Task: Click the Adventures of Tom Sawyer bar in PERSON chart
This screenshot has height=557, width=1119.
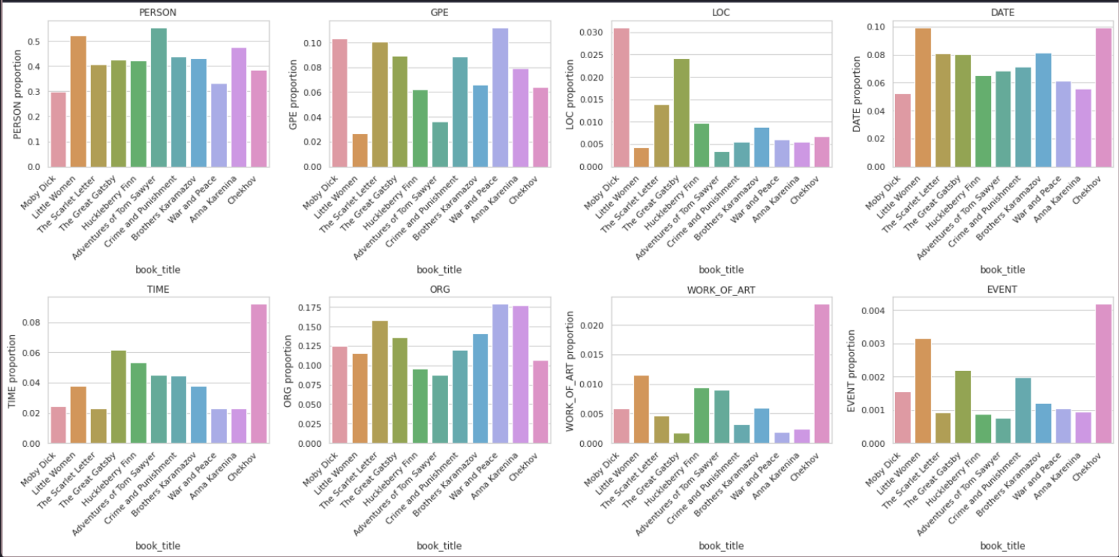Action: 159,98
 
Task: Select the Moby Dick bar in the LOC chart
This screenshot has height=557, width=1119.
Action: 621,98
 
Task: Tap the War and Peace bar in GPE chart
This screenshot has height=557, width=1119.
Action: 500,98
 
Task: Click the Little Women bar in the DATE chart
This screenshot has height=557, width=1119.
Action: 923,98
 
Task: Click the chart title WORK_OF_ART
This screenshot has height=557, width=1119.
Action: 721,290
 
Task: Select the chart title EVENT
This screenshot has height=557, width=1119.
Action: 1002,289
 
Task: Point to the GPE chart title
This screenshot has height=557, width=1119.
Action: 439,12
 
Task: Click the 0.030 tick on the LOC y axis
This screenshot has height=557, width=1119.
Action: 591,32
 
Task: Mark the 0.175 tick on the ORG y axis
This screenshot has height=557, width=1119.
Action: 309,308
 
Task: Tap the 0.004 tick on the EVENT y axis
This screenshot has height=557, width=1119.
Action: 873,311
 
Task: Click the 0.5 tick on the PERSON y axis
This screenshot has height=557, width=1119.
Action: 34,42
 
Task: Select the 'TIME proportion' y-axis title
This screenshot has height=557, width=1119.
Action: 12,371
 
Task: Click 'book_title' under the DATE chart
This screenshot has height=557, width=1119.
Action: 1002,270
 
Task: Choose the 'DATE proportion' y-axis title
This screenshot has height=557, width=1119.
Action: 856,94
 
